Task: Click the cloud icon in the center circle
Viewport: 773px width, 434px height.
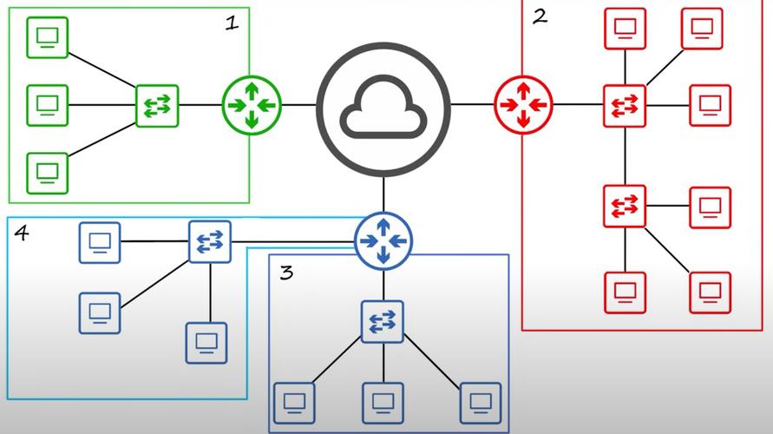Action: [383, 106]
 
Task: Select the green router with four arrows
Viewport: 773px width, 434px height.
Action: [252, 105]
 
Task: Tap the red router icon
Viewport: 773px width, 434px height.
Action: [523, 105]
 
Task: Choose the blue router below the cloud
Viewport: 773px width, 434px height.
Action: [383, 240]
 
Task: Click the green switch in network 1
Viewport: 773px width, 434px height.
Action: [157, 106]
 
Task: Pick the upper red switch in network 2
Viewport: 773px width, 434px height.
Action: [625, 106]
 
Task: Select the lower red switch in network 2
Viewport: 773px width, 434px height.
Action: [625, 206]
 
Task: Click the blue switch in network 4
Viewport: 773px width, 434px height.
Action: [211, 241]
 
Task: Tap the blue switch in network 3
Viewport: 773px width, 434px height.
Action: [383, 320]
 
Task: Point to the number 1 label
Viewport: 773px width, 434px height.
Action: [231, 23]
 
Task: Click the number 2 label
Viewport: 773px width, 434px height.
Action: [540, 16]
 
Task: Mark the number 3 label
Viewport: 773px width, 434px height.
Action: [286, 273]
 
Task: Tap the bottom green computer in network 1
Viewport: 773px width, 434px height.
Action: [47, 171]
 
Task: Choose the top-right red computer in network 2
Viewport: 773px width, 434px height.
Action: [702, 29]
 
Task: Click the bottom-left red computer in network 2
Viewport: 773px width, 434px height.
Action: [625, 293]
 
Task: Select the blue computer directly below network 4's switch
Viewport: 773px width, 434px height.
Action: [206, 342]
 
